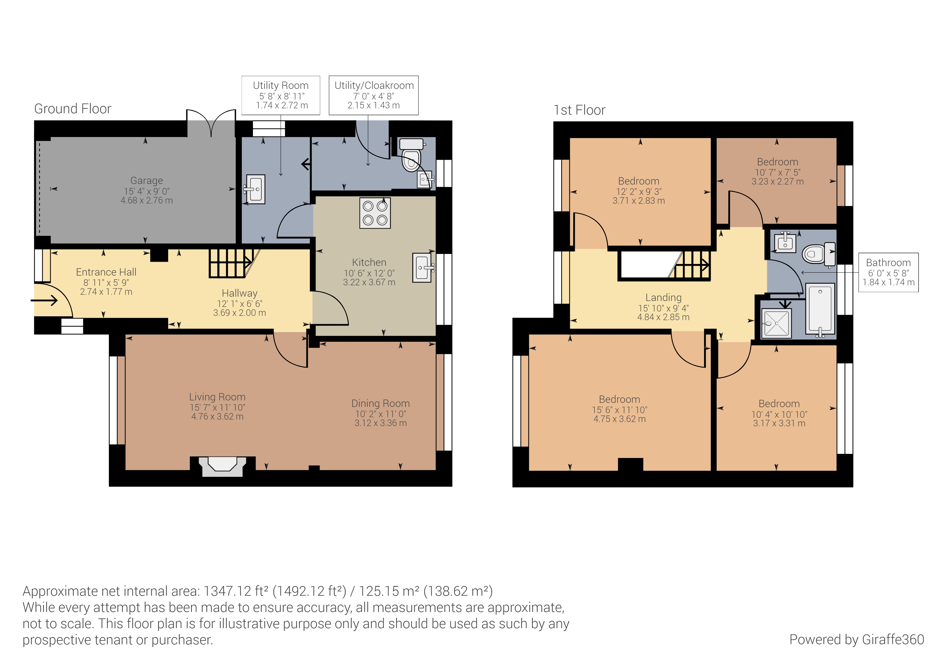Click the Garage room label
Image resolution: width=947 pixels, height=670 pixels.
(x=146, y=181)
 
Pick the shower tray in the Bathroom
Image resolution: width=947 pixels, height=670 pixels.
(x=776, y=323)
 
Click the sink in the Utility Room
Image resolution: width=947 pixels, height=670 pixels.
(x=255, y=189)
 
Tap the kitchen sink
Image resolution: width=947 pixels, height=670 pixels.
(x=423, y=267)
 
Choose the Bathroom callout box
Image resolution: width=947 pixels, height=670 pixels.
(x=888, y=273)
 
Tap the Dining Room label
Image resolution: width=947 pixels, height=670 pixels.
(x=380, y=403)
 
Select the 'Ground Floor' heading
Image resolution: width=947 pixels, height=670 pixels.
(x=73, y=109)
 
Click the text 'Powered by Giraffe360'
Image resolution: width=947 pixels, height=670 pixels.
(x=857, y=639)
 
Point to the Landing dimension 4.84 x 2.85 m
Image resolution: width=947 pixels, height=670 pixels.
(x=663, y=317)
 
